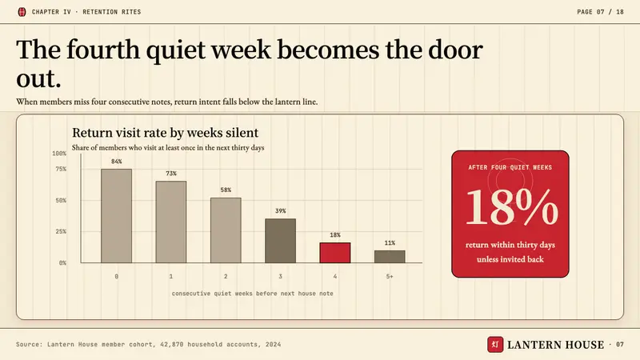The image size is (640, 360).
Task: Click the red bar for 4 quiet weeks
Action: click(x=334, y=253)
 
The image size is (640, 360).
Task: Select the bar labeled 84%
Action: click(x=116, y=216)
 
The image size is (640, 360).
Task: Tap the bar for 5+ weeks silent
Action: click(x=390, y=257)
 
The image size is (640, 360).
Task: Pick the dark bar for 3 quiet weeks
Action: click(x=281, y=241)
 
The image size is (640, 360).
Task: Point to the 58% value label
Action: click(x=226, y=190)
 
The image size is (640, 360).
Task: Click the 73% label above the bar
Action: click(x=171, y=174)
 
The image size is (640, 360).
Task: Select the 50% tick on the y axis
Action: click(x=61, y=201)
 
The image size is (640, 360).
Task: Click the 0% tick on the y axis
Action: click(x=62, y=263)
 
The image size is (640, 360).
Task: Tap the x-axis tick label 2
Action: click(x=226, y=276)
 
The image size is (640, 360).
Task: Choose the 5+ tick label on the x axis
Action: click(x=390, y=276)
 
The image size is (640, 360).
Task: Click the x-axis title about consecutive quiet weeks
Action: click(x=252, y=294)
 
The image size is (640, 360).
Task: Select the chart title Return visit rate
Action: click(x=165, y=133)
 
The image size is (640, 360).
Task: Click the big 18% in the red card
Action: click(x=512, y=207)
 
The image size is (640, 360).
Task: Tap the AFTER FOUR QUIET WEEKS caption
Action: click(x=510, y=167)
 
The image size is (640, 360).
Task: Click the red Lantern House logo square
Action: click(x=495, y=345)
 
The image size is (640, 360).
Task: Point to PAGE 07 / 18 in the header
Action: click(x=601, y=12)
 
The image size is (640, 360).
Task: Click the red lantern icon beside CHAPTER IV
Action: click(x=22, y=12)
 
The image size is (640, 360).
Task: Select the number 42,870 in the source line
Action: click(x=172, y=345)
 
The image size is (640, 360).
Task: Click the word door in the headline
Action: click(x=455, y=50)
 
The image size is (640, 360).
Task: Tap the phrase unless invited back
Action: click(x=510, y=259)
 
